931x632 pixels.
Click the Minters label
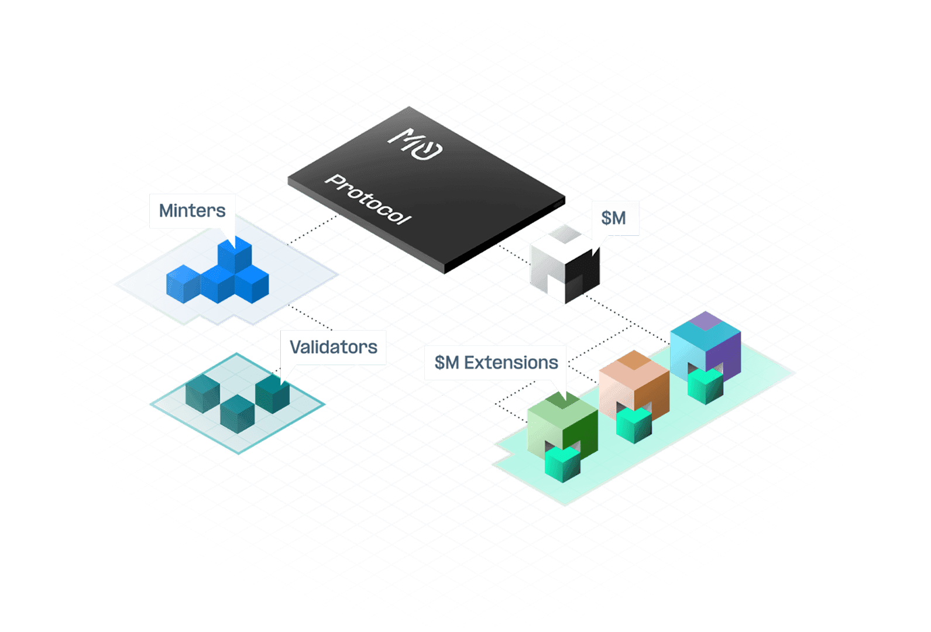pyautogui.click(x=193, y=211)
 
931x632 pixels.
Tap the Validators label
pyautogui.click(x=334, y=347)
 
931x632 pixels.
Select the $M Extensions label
pyautogui.click(x=496, y=362)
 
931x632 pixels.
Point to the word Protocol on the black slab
pyautogui.click(x=368, y=200)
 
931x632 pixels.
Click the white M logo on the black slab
pyautogui.click(x=415, y=144)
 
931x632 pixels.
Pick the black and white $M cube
pyautogui.click(x=565, y=264)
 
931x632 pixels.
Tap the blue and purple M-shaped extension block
pyautogui.click(x=706, y=345)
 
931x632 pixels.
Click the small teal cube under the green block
pyautogui.click(x=563, y=465)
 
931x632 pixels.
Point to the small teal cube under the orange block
pyautogui.click(x=634, y=425)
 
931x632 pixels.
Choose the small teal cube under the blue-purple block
pyautogui.click(x=706, y=386)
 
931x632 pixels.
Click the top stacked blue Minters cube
pyautogui.click(x=235, y=255)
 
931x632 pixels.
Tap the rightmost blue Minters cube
pyautogui.click(x=252, y=284)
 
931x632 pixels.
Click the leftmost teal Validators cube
pyautogui.click(x=203, y=393)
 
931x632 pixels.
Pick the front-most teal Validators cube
pyautogui.click(x=238, y=414)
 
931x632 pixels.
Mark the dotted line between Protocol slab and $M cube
pyautogui.click(x=514, y=254)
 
